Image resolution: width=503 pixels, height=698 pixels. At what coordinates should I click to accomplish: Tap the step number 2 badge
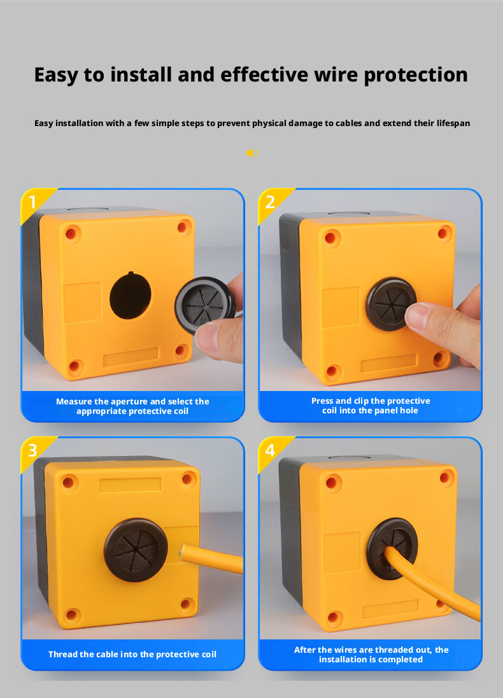click(270, 202)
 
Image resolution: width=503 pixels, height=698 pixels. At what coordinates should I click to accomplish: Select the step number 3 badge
click(32, 450)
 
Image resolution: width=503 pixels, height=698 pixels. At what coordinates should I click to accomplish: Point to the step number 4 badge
click(270, 450)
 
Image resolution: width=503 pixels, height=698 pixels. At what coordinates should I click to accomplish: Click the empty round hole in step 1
click(130, 296)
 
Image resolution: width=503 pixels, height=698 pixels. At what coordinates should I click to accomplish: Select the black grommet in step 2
click(391, 304)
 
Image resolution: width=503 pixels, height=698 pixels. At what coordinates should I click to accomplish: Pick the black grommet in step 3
click(136, 550)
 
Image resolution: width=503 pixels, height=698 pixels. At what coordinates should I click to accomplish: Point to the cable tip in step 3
click(182, 552)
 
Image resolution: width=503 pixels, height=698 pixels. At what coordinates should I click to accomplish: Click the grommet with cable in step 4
click(392, 548)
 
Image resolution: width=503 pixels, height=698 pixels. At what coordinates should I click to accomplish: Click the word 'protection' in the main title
click(416, 75)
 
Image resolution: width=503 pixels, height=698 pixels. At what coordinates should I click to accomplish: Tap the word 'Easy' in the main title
click(56, 75)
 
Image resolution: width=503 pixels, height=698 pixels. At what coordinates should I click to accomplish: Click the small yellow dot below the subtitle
click(250, 153)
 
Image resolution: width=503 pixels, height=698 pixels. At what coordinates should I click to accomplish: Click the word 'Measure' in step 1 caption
click(74, 401)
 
